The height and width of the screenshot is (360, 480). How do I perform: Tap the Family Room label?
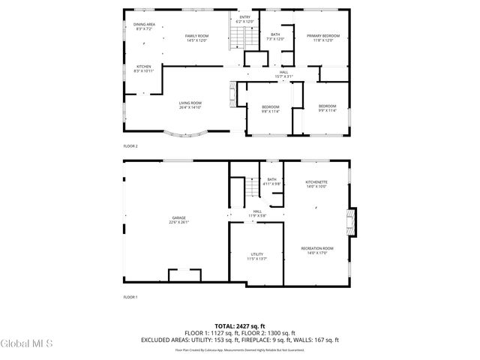197,37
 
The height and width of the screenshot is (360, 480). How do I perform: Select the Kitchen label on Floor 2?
143,68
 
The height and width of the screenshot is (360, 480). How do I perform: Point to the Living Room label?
190,105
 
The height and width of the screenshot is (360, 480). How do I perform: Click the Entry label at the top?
245,19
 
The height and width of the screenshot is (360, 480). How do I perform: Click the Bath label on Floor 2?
275,37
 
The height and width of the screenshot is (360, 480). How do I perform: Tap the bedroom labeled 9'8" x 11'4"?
270,109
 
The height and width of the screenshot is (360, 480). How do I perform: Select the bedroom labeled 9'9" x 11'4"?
327,109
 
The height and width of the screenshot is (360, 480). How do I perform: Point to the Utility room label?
256,256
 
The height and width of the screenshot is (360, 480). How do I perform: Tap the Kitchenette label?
316,184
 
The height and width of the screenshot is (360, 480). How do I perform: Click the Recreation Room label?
316,250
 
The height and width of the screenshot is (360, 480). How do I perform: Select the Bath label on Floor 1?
271,181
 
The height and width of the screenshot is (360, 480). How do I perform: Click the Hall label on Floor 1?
257,214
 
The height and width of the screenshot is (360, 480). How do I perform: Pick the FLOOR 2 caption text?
130,145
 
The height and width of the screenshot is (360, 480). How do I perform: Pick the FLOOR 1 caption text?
130,298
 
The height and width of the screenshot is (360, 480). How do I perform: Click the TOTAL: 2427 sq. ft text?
239,326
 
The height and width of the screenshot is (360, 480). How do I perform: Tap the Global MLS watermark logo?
27,344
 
